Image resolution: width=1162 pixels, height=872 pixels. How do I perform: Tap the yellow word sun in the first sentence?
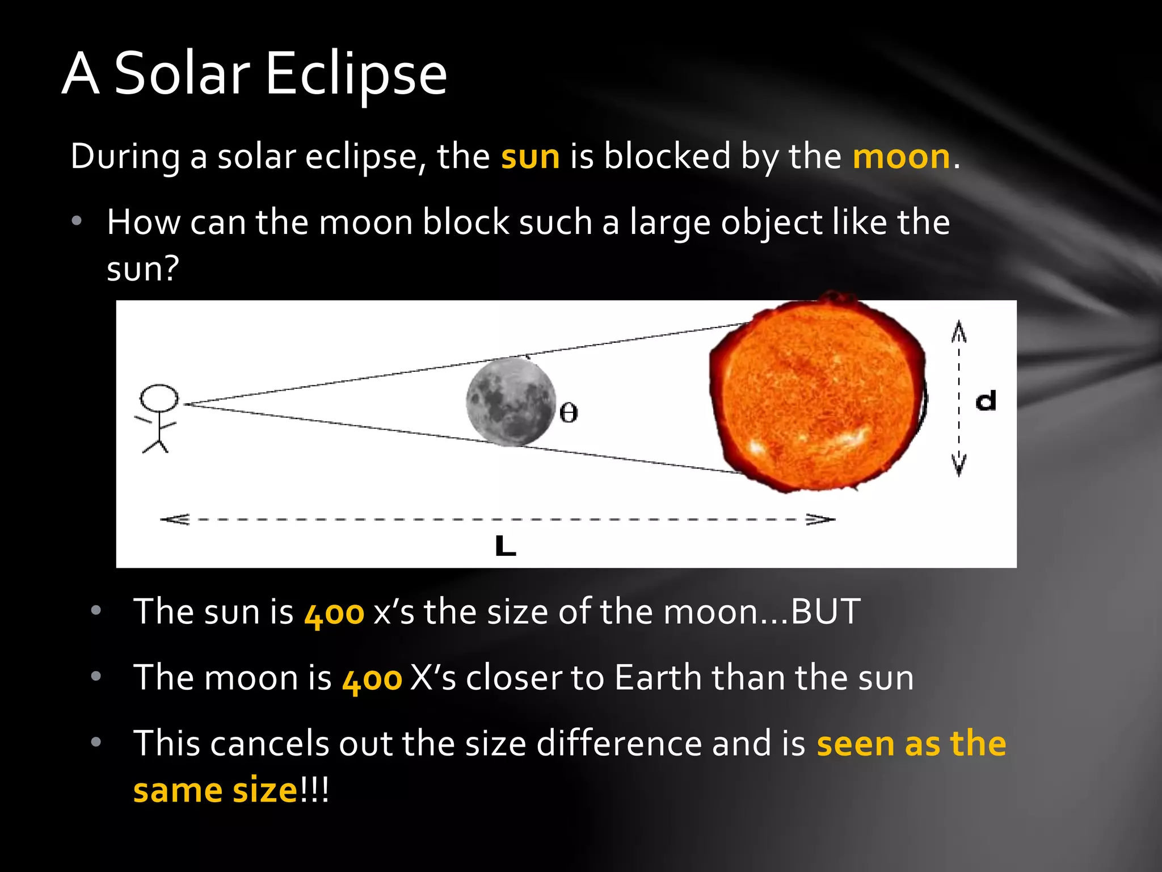(530, 157)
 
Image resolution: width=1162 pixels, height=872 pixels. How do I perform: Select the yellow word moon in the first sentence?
(901, 157)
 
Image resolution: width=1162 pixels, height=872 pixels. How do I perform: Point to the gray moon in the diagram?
(511, 402)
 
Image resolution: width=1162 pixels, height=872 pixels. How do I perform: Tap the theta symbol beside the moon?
(569, 413)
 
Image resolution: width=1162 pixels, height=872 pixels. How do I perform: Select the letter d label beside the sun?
(986, 401)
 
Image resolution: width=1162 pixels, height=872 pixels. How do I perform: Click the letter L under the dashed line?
(505, 546)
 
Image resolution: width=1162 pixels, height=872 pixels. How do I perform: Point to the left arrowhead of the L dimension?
(174, 519)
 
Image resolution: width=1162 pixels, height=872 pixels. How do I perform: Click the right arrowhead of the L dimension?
(822, 519)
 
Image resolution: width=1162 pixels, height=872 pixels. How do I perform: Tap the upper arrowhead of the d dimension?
(959, 330)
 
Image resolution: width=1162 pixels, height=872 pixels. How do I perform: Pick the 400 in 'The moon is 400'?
(372, 680)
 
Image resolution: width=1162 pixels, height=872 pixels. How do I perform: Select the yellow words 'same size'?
(214, 790)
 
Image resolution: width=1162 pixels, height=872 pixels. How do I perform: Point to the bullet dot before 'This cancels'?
(96, 741)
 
